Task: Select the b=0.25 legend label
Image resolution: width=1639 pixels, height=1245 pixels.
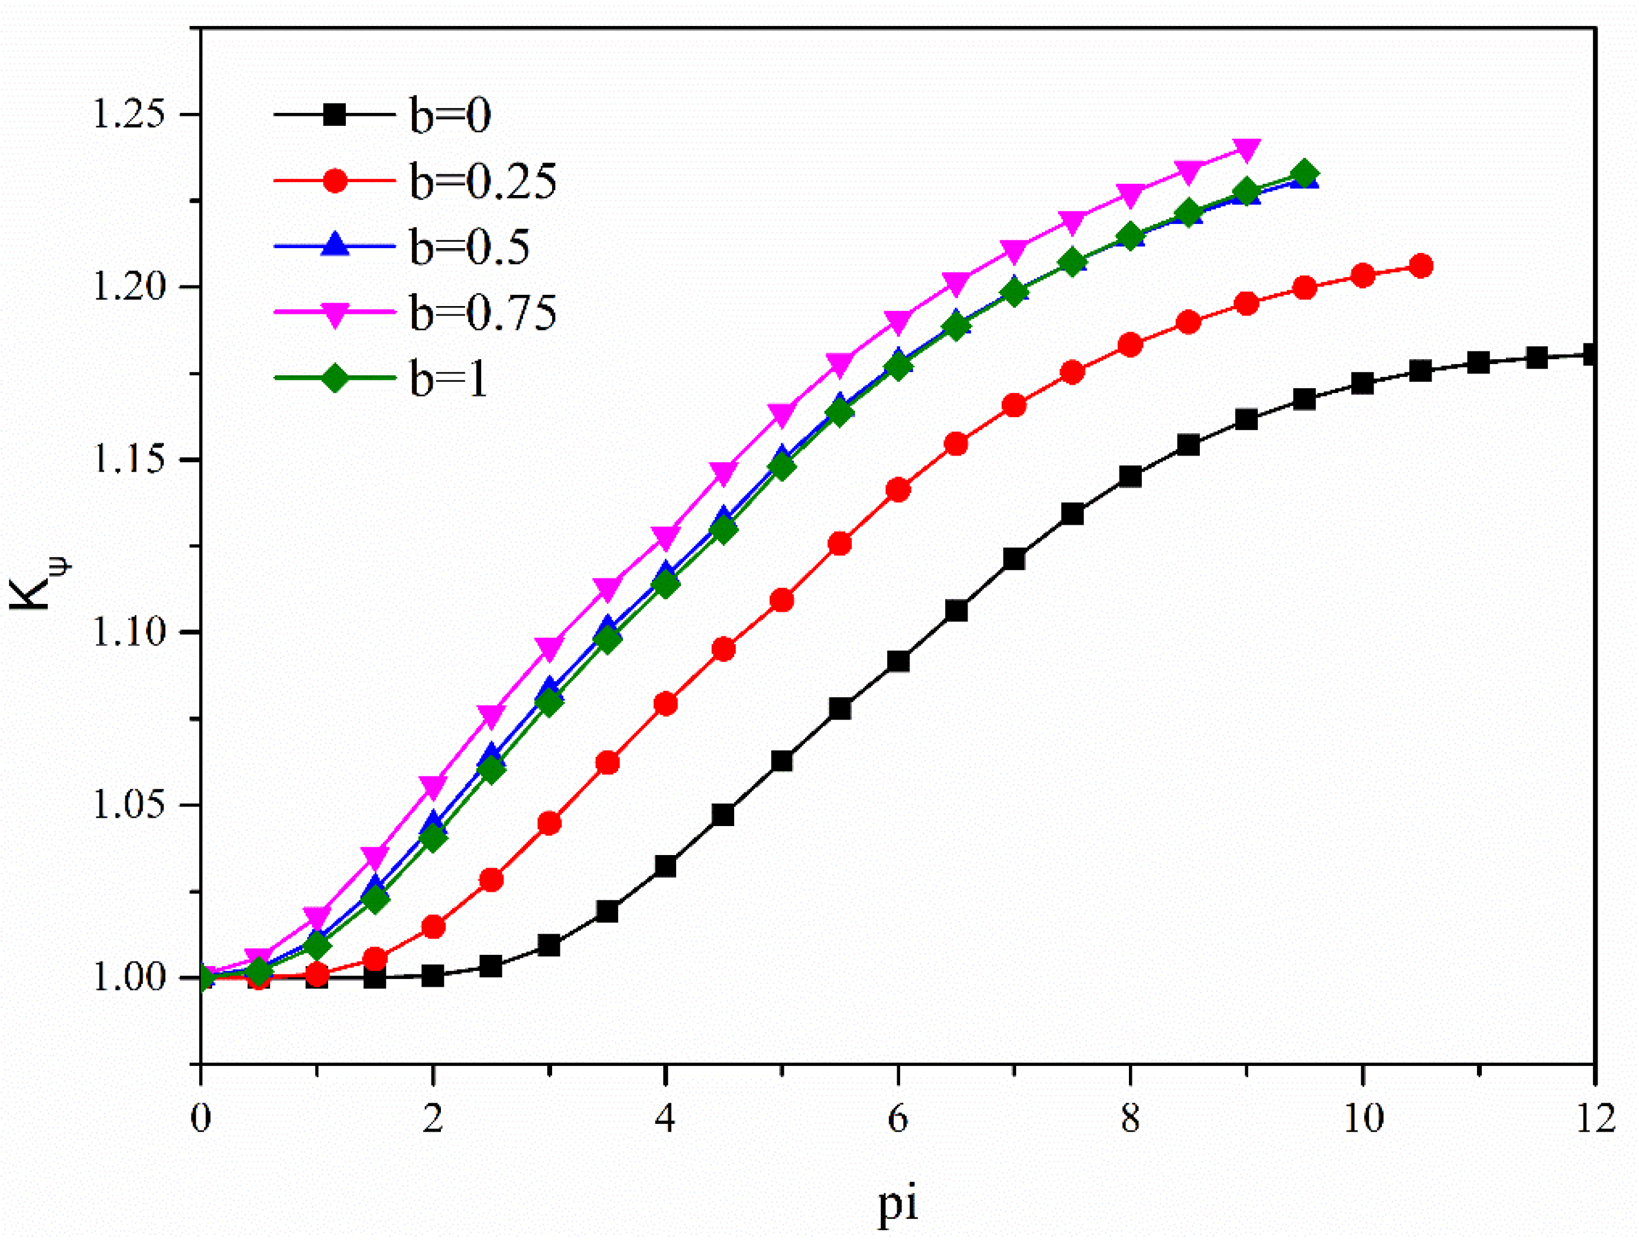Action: pyautogui.click(x=482, y=181)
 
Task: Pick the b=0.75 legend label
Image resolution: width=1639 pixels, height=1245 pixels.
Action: pyautogui.click(x=482, y=312)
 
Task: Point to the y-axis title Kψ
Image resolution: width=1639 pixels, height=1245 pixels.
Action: pyautogui.click(x=37, y=586)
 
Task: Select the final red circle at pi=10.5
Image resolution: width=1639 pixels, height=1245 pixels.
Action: pyautogui.click(x=1420, y=266)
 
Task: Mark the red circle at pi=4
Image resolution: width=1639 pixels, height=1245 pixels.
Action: pyautogui.click(x=666, y=703)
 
